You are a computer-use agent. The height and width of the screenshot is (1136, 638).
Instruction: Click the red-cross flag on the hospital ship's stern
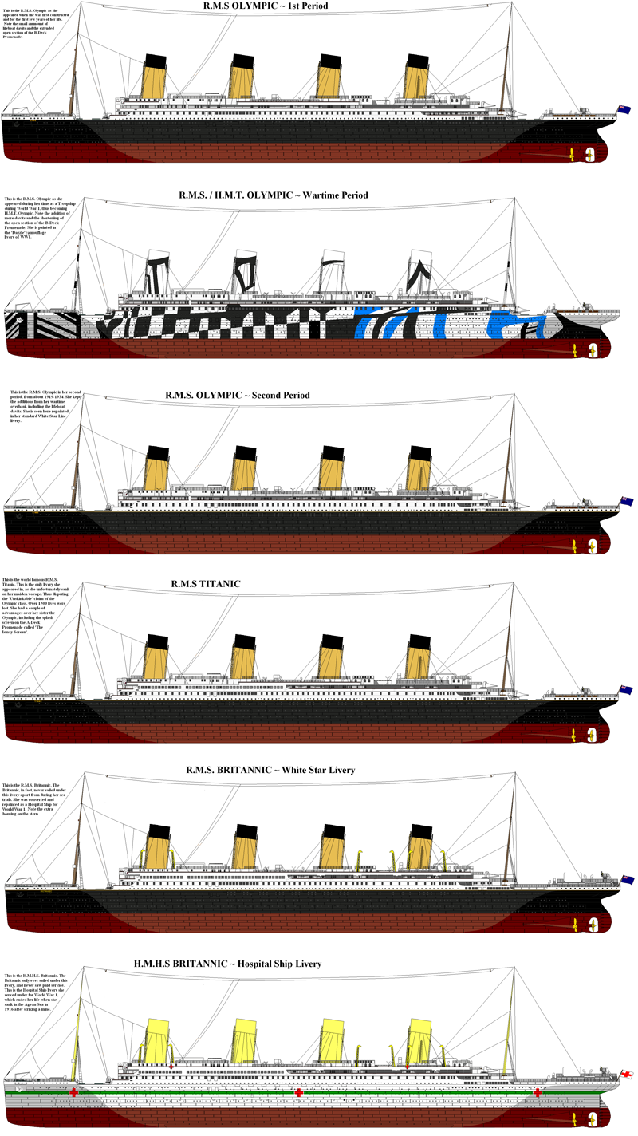pos(627,1075)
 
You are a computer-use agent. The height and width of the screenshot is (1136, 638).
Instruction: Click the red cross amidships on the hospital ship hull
pos(299,1092)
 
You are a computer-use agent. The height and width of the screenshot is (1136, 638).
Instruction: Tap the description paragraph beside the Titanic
pos(40,608)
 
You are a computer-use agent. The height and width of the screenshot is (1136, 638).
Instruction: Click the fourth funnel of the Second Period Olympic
pos(419,467)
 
